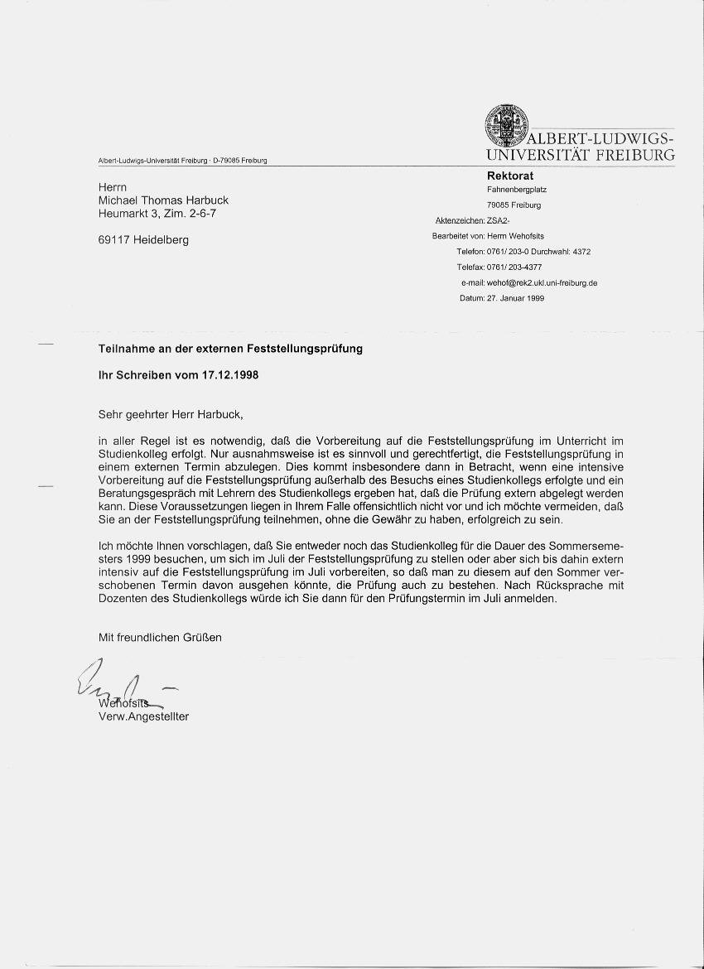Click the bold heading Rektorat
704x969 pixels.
[510, 176]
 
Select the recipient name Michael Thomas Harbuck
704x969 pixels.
[163, 200]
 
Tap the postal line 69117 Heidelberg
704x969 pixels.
[143, 240]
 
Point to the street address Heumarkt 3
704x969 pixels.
[132, 214]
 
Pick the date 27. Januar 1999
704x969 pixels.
[515, 298]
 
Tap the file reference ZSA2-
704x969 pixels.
[499, 220]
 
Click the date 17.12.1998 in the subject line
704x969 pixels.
[229, 374]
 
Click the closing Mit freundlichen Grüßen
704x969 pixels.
[160, 638]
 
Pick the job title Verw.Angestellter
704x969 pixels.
[143, 716]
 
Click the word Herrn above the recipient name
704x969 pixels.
[113, 187]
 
